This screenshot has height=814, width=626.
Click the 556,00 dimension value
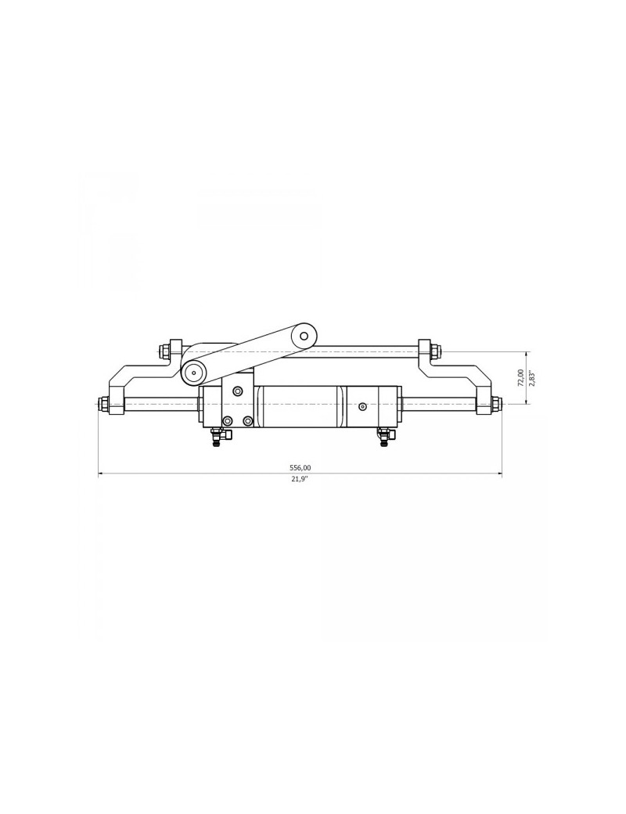tap(300, 467)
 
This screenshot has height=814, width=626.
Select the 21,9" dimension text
tap(300, 479)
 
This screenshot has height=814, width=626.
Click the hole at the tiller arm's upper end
tap(304, 336)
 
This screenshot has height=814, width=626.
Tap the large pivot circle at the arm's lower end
tap(194, 373)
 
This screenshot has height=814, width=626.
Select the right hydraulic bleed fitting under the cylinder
tap(383, 437)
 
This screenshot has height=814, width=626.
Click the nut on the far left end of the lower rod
tap(103, 405)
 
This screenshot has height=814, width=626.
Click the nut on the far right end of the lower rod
tap(496, 405)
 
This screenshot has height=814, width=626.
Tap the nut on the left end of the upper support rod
tap(165, 351)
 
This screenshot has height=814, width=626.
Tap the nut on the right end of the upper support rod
tap(435, 351)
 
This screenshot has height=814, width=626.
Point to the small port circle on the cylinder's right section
tap(362, 406)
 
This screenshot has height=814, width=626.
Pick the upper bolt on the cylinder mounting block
tap(238, 391)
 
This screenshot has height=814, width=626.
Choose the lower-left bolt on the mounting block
tap(228, 421)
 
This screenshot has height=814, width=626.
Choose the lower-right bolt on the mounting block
tap(248, 421)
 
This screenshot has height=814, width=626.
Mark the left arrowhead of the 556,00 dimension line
tap(100, 474)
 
